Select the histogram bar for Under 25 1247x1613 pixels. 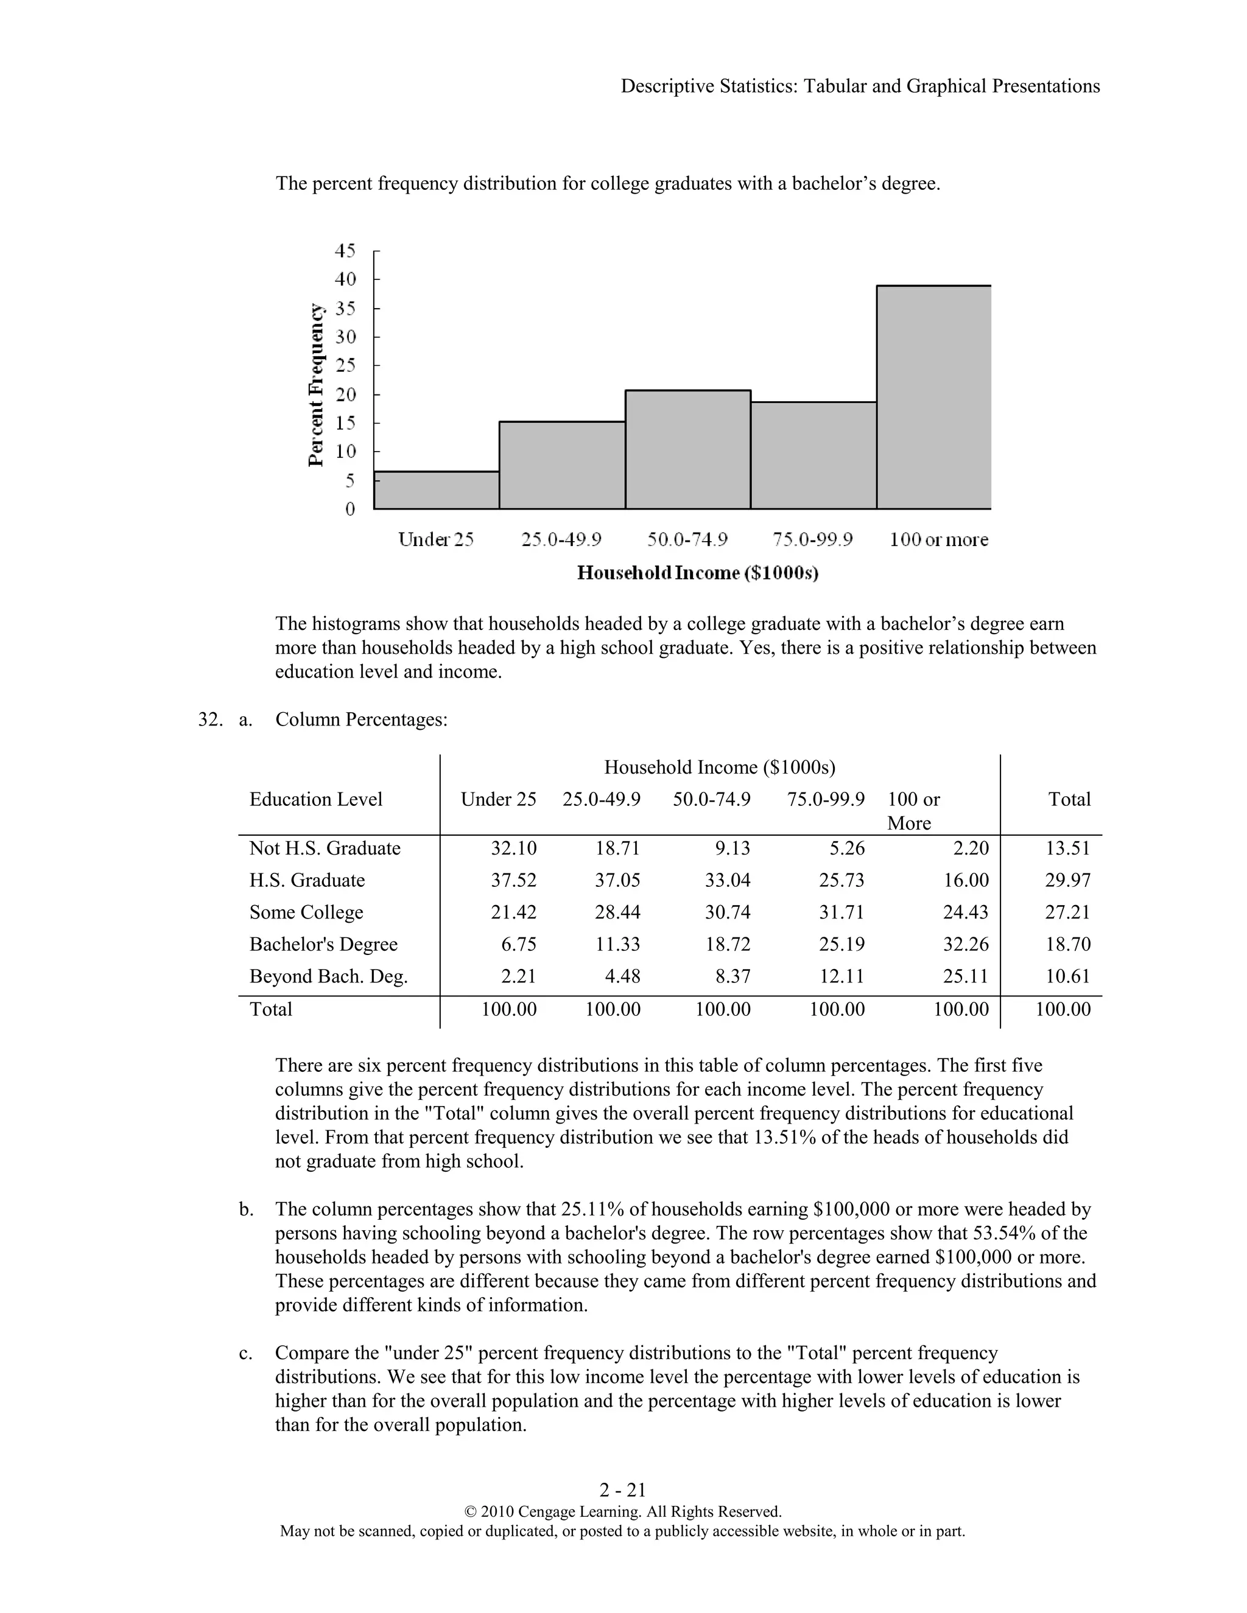(436, 491)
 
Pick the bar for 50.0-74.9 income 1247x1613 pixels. (688, 449)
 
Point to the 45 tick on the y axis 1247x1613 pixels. (345, 251)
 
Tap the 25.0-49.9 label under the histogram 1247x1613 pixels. (561, 540)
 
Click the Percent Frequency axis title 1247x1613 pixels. (315, 385)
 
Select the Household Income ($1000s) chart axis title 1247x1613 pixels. (697, 573)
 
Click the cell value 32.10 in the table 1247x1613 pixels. (513, 848)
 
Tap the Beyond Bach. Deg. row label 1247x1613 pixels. (328, 976)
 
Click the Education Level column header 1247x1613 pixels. (315, 799)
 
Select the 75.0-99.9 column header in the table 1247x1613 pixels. (825, 799)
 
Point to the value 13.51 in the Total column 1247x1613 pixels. (1067, 848)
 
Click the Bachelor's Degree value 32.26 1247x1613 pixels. (965, 945)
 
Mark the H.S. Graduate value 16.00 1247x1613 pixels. (965, 880)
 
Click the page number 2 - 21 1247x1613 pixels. (623, 1489)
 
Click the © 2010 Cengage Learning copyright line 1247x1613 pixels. (622, 1511)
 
